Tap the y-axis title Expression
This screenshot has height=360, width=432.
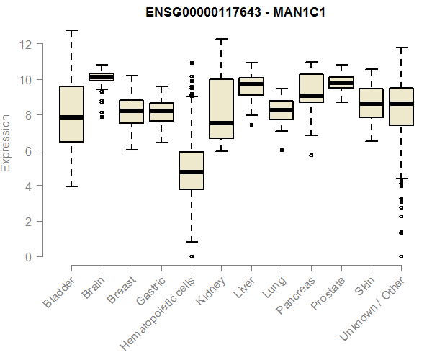[x=6, y=143]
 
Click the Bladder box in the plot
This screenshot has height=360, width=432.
[x=71, y=114]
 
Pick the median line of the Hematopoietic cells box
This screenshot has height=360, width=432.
[x=192, y=172]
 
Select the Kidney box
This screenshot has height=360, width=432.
[x=221, y=109]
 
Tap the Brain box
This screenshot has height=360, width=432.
[x=102, y=77]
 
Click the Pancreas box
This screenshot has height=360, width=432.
[x=311, y=88]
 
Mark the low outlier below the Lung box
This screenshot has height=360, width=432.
[x=282, y=150]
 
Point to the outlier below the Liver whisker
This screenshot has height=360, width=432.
[x=251, y=125]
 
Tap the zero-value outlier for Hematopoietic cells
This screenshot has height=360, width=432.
[x=192, y=256]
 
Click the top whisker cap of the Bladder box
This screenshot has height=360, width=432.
[x=71, y=30]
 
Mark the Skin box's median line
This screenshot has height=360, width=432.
[x=372, y=104]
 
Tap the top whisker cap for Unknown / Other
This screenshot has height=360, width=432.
[x=402, y=48]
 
